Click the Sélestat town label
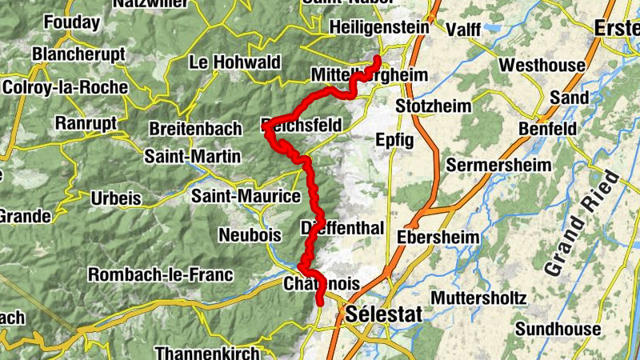[x=385, y=314]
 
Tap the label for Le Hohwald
[x=235, y=62]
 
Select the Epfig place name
[x=394, y=140]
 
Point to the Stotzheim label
[x=434, y=106]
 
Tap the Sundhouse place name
[x=558, y=329]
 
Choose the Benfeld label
[x=547, y=128]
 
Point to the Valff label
[x=463, y=30]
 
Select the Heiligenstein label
[x=379, y=28]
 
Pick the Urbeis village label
[x=116, y=198]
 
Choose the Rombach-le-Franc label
[x=161, y=274]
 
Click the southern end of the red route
[x=320, y=302]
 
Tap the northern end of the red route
[x=378, y=58]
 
